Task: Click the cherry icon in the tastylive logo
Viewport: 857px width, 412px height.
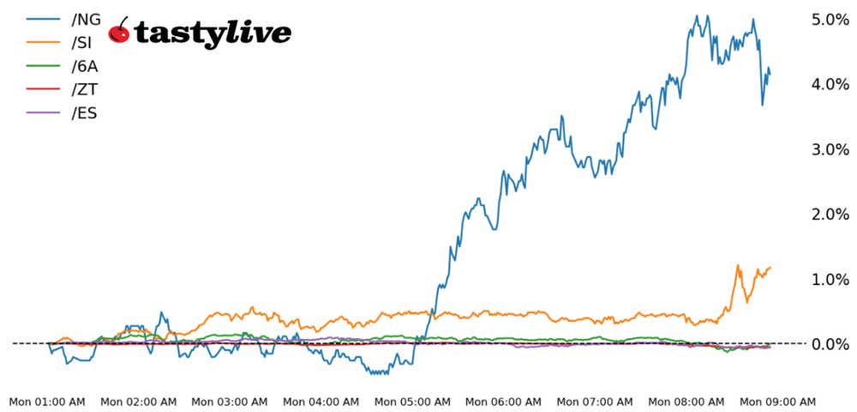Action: tap(120, 32)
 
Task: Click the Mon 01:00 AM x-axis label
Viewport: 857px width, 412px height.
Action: tap(47, 401)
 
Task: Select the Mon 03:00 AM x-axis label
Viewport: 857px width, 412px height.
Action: tap(230, 401)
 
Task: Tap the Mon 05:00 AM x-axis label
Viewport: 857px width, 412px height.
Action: tap(412, 401)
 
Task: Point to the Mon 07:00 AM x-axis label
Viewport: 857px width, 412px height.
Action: tap(595, 401)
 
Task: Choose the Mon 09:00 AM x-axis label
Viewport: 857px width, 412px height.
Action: tap(777, 401)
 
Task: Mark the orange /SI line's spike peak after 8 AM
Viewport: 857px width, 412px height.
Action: tap(738, 266)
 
